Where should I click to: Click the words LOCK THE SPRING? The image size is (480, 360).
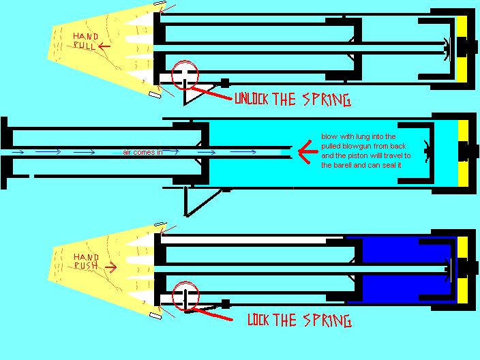[x=299, y=319]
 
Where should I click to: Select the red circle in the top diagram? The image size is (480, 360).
[x=184, y=74]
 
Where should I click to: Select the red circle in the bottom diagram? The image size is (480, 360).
[x=184, y=296]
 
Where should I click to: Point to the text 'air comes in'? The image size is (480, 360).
[x=142, y=152]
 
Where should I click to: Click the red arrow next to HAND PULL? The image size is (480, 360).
[x=105, y=46]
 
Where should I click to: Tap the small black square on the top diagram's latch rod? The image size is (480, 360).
[x=224, y=82]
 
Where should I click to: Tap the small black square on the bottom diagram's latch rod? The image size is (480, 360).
[x=224, y=304]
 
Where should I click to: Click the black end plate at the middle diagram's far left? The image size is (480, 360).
[x=4, y=151]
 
